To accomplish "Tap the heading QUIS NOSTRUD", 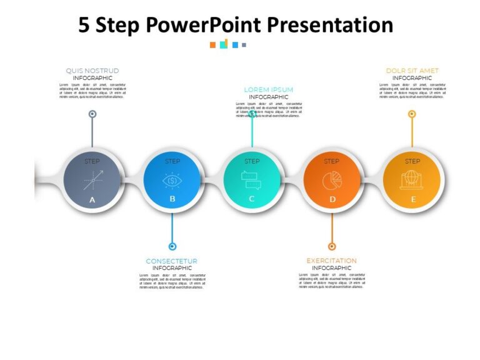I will coord(92,71).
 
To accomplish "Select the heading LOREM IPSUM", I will coord(268,89).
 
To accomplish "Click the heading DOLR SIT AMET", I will coord(412,71).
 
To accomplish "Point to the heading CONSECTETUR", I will coord(172,261).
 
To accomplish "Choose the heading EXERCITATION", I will coord(332,261).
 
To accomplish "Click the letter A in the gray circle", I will coord(92,200).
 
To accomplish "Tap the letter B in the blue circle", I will coord(172,200).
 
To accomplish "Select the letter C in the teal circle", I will coord(252,200).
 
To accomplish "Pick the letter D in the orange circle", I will coord(332,200).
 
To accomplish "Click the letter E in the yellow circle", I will coord(412,200).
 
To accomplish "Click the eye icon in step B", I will coord(172,181).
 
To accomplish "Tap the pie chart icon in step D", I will coord(332,180).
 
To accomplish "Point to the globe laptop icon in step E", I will coord(412,180).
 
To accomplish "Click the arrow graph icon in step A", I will coord(92,180).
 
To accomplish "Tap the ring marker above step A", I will coord(92,114).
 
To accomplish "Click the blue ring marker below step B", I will coord(172,246).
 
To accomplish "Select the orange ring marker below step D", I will coord(332,246).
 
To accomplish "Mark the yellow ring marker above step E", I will coord(412,114).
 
